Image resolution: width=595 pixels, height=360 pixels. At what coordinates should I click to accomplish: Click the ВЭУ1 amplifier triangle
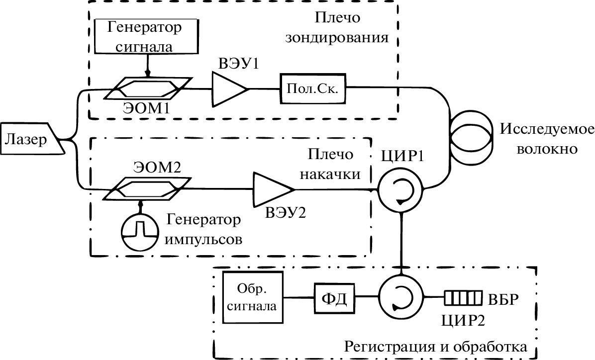228,89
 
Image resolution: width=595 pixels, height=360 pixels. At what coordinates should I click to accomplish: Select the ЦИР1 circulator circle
399,189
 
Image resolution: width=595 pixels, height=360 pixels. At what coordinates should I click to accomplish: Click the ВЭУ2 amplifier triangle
271,189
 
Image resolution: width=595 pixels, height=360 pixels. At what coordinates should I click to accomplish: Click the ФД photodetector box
333,297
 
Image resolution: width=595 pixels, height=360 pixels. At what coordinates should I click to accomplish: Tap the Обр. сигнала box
254,297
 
